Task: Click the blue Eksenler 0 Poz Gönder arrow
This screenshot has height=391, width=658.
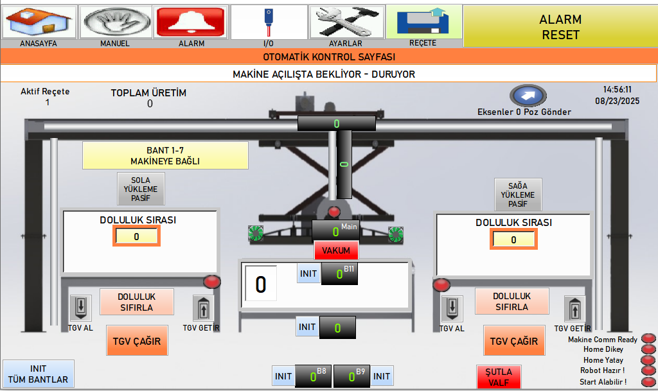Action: (528, 96)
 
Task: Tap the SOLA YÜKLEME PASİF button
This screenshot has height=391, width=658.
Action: (141, 189)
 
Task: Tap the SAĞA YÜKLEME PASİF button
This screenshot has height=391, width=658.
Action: (518, 195)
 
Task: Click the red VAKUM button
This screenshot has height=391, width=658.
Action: (336, 250)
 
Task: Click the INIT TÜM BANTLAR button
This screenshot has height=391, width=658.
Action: (39, 374)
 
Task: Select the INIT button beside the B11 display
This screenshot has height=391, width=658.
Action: (308, 274)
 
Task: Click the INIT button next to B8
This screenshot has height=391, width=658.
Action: (283, 376)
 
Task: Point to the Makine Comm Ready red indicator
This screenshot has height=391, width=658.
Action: (649, 339)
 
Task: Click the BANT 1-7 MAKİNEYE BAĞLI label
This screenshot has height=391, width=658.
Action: (165, 155)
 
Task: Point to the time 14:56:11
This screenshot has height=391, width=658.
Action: (617, 90)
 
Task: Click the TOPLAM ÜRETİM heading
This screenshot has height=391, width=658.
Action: (148, 92)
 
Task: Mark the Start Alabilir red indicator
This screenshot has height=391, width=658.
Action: (649, 382)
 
